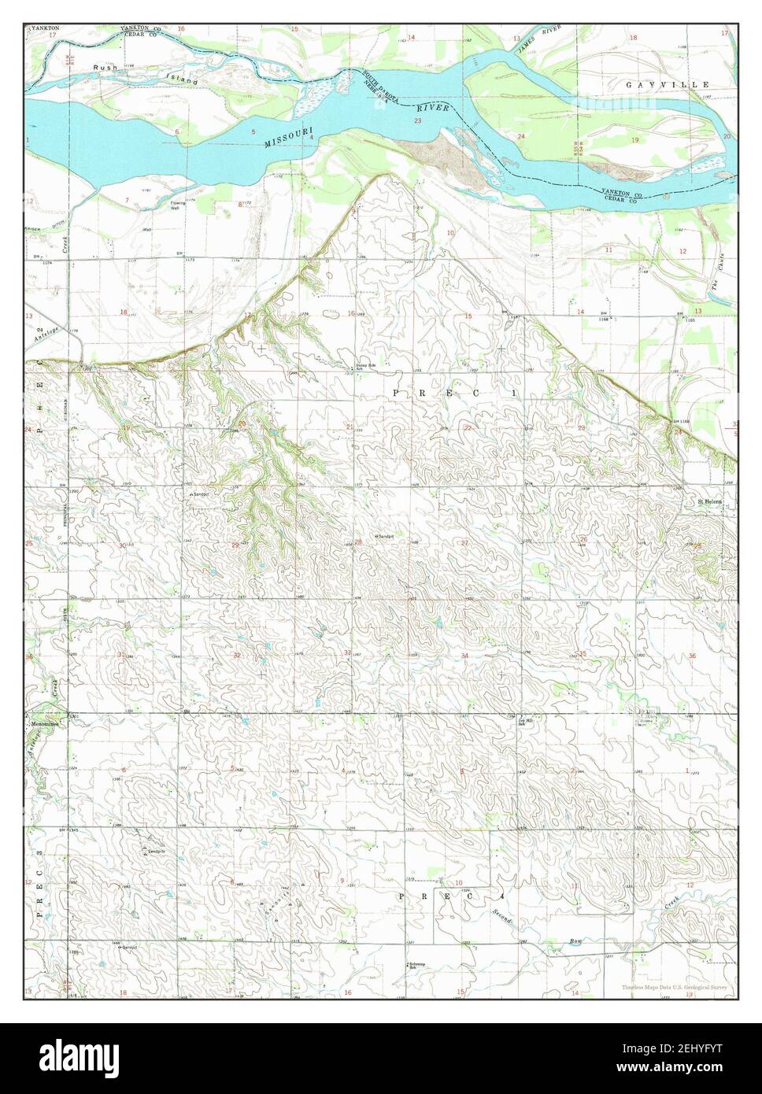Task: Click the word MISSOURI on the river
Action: click(x=289, y=138)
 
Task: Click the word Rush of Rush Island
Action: click(x=105, y=68)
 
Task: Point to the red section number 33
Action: click(x=347, y=653)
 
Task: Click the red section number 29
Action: click(x=235, y=545)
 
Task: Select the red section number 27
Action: click(x=465, y=543)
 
